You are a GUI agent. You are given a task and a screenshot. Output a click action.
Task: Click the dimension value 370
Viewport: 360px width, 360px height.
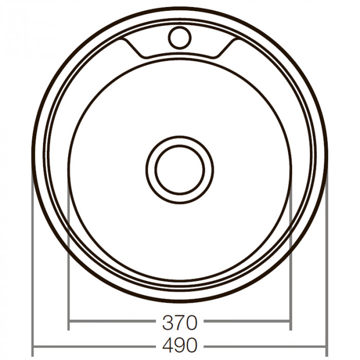click(179, 323)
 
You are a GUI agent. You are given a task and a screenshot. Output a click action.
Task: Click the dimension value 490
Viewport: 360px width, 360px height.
click(179, 344)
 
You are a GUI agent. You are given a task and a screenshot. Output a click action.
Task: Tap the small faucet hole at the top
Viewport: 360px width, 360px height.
click(179, 37)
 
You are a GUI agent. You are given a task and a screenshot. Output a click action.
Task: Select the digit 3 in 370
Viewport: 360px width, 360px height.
click(168, 323)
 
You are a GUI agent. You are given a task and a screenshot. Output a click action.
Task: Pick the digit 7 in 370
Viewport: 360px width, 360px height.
click(179, 323)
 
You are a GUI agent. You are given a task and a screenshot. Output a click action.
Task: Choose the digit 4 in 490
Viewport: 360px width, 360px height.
click(168, 344)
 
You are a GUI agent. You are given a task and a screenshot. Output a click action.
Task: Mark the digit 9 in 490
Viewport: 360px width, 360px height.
click(179, 344)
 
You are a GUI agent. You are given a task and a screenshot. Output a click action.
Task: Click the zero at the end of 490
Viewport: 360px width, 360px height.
click(191, 344)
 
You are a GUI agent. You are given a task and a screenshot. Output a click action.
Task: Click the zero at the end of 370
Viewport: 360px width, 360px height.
click(191, 323)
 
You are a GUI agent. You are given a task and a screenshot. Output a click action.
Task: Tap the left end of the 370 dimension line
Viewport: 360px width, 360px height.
click(68, 323)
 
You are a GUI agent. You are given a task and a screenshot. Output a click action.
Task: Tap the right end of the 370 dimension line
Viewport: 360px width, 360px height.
click(291, 323)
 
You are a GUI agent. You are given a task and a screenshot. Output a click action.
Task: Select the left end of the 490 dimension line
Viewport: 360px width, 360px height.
click(32, 344)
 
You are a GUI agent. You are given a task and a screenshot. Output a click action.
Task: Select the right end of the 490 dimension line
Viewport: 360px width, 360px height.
click(327, 344)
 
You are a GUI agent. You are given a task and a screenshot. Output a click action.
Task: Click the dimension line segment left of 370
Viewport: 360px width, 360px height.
click(113, 323)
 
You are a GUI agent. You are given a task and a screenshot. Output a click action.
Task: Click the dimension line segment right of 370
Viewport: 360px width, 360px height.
click(247, 323)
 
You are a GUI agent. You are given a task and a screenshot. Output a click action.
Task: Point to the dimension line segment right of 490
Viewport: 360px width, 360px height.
click(265, 344)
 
